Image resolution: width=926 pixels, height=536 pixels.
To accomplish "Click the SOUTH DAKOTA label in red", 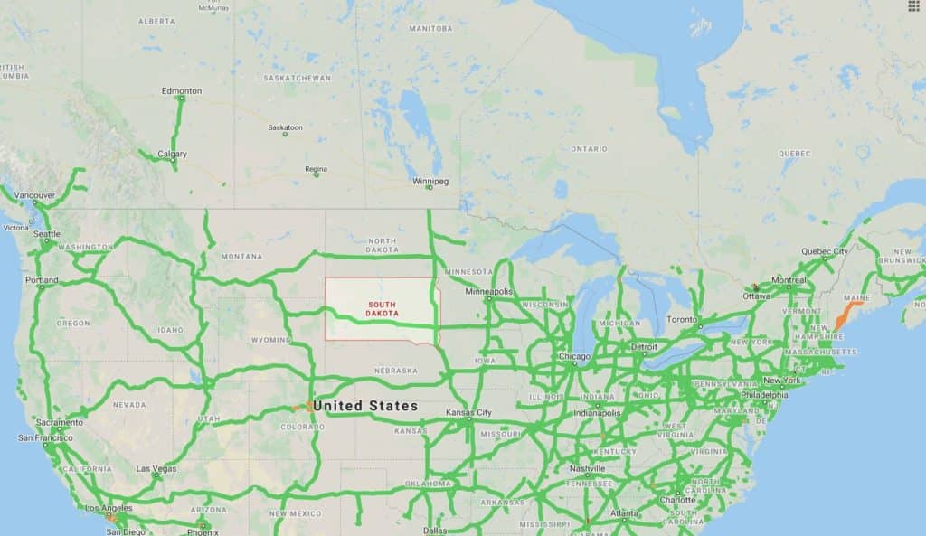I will click(382, 309).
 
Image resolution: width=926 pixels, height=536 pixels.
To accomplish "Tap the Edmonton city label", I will click(181, 91).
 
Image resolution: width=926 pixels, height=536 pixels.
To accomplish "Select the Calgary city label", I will click(172, 154).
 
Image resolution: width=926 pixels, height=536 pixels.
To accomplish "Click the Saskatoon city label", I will click(285, 127).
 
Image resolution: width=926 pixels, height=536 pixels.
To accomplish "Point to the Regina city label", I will click(316, 169).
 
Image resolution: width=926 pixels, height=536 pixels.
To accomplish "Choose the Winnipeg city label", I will click(430, 181).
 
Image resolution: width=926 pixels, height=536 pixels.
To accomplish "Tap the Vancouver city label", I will click(35, 194).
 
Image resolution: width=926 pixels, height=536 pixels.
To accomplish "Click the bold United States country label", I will click(365, 406).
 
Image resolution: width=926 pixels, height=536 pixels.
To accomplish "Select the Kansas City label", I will click(468, 413).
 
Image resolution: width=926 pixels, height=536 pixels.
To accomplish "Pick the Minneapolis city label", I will click(488, 292).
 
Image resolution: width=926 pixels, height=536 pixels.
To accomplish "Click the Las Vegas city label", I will click(156, 469).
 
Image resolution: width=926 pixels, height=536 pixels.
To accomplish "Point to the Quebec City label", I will click(824, 251).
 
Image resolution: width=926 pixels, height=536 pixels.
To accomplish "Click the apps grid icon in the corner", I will click(913, 5).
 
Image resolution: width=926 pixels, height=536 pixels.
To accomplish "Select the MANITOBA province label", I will click(430, 29).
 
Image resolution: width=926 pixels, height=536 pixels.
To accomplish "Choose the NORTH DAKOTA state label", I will click(383, 246).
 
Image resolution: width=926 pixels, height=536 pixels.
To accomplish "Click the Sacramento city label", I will click(60, 422).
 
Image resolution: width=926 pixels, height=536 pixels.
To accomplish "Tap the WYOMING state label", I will click(270, 340).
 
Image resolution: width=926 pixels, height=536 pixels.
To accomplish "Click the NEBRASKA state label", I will click(396, 371).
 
